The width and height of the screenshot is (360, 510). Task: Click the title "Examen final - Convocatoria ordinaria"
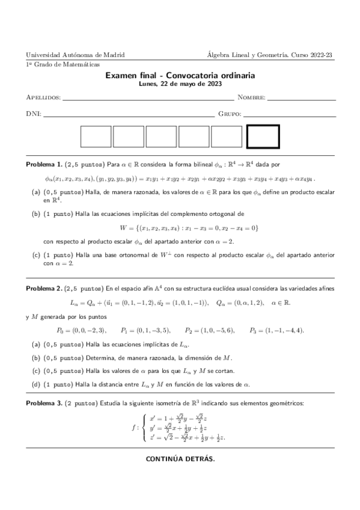click(x=180, y=76)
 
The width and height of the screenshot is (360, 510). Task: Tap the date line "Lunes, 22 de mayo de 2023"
click(x=180, y=85)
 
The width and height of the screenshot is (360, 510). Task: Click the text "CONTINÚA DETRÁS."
click(x=180, y=459)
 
